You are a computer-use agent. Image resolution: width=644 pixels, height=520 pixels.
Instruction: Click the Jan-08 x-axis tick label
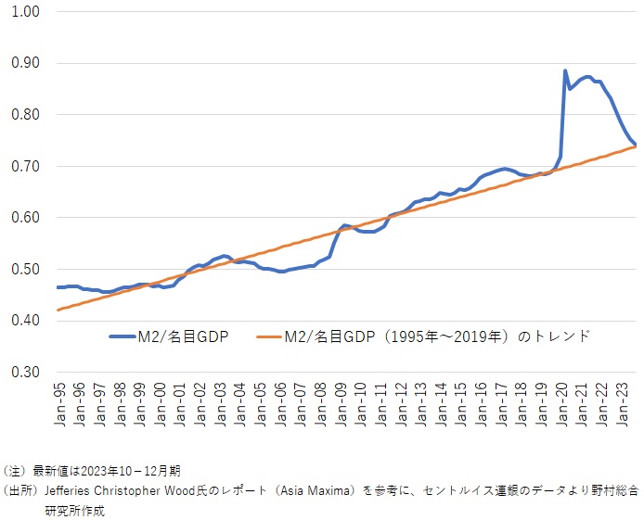(x=322, y=405)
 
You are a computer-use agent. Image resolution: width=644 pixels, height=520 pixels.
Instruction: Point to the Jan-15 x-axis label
(x=463, y=405)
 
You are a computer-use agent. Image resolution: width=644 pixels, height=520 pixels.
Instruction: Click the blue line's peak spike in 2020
(x=565, y=70)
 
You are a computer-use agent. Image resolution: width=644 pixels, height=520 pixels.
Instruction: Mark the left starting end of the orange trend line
(x=58, y=310)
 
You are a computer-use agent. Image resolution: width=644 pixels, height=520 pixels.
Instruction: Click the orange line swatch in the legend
(x=263, y=336)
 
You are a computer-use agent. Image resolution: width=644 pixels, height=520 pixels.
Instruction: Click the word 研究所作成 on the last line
(x=75, y=509)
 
